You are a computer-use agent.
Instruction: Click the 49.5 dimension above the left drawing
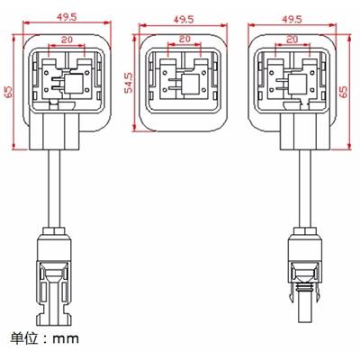click(67, 17)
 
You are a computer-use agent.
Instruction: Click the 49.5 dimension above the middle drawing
click(184, 20)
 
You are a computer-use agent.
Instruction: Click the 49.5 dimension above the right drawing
click(292, 20)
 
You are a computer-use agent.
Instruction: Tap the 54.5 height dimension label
click(129, 83)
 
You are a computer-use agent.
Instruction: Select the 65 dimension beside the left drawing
click(9, 93)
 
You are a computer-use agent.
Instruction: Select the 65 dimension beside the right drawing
click(344, 92)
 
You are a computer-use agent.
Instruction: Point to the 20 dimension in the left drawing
click(67, 40)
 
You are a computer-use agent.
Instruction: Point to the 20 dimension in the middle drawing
click(184, 39)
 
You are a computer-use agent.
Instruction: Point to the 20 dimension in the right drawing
click(292, 40)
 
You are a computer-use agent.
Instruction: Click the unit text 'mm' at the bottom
click(66, 339)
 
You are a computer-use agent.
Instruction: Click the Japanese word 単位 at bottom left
click(25, 337)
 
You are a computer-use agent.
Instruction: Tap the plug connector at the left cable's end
click(54, 278)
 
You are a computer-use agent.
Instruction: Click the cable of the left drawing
click(54, 189)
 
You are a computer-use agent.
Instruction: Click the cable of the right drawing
click(304, 189)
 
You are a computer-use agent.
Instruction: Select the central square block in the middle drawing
click(190, 85)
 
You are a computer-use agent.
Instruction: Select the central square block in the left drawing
click(74, 83)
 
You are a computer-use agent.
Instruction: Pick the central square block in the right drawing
click(297, 85)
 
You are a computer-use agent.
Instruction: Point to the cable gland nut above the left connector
click(54, 231)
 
